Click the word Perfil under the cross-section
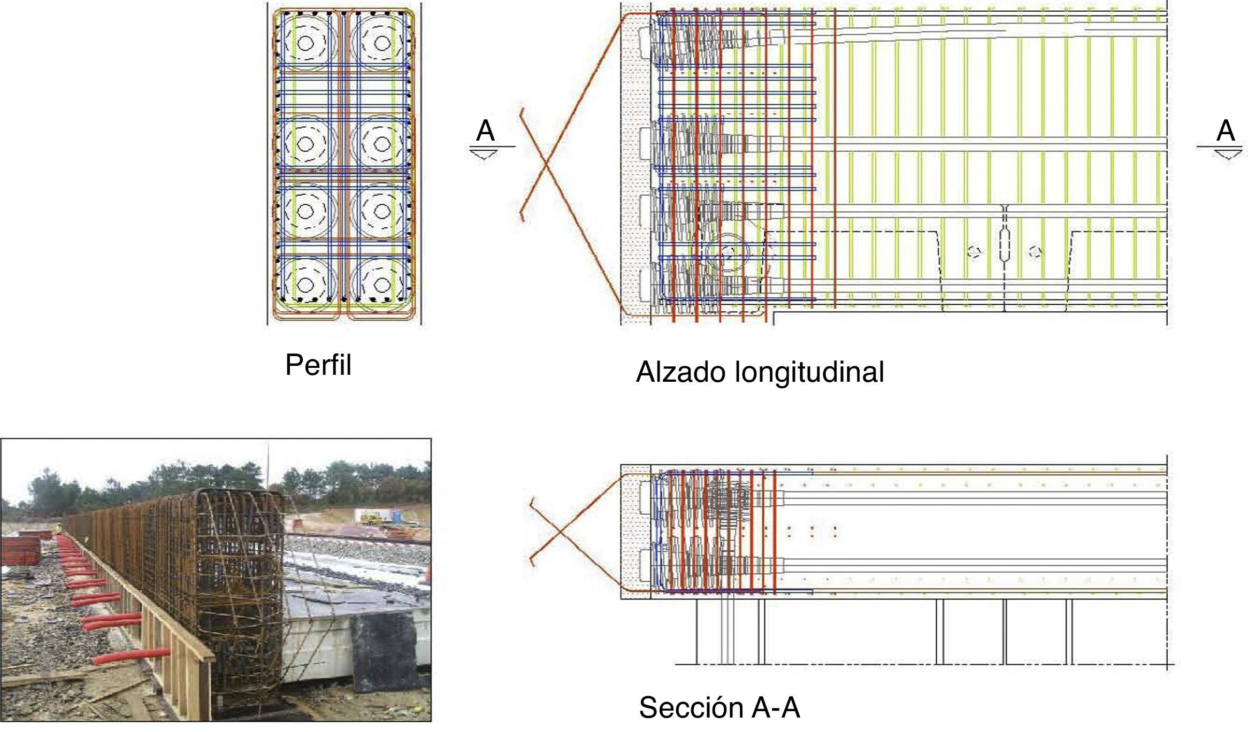318,365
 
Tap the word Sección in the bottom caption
690,708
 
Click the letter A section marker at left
485,131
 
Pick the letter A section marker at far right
1226,131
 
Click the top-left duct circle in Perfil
305,43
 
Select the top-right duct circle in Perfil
381,43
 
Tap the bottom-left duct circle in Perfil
305,284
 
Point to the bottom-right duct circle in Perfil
381,284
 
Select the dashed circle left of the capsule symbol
974,252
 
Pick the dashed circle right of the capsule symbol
1036,252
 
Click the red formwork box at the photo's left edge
20,551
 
